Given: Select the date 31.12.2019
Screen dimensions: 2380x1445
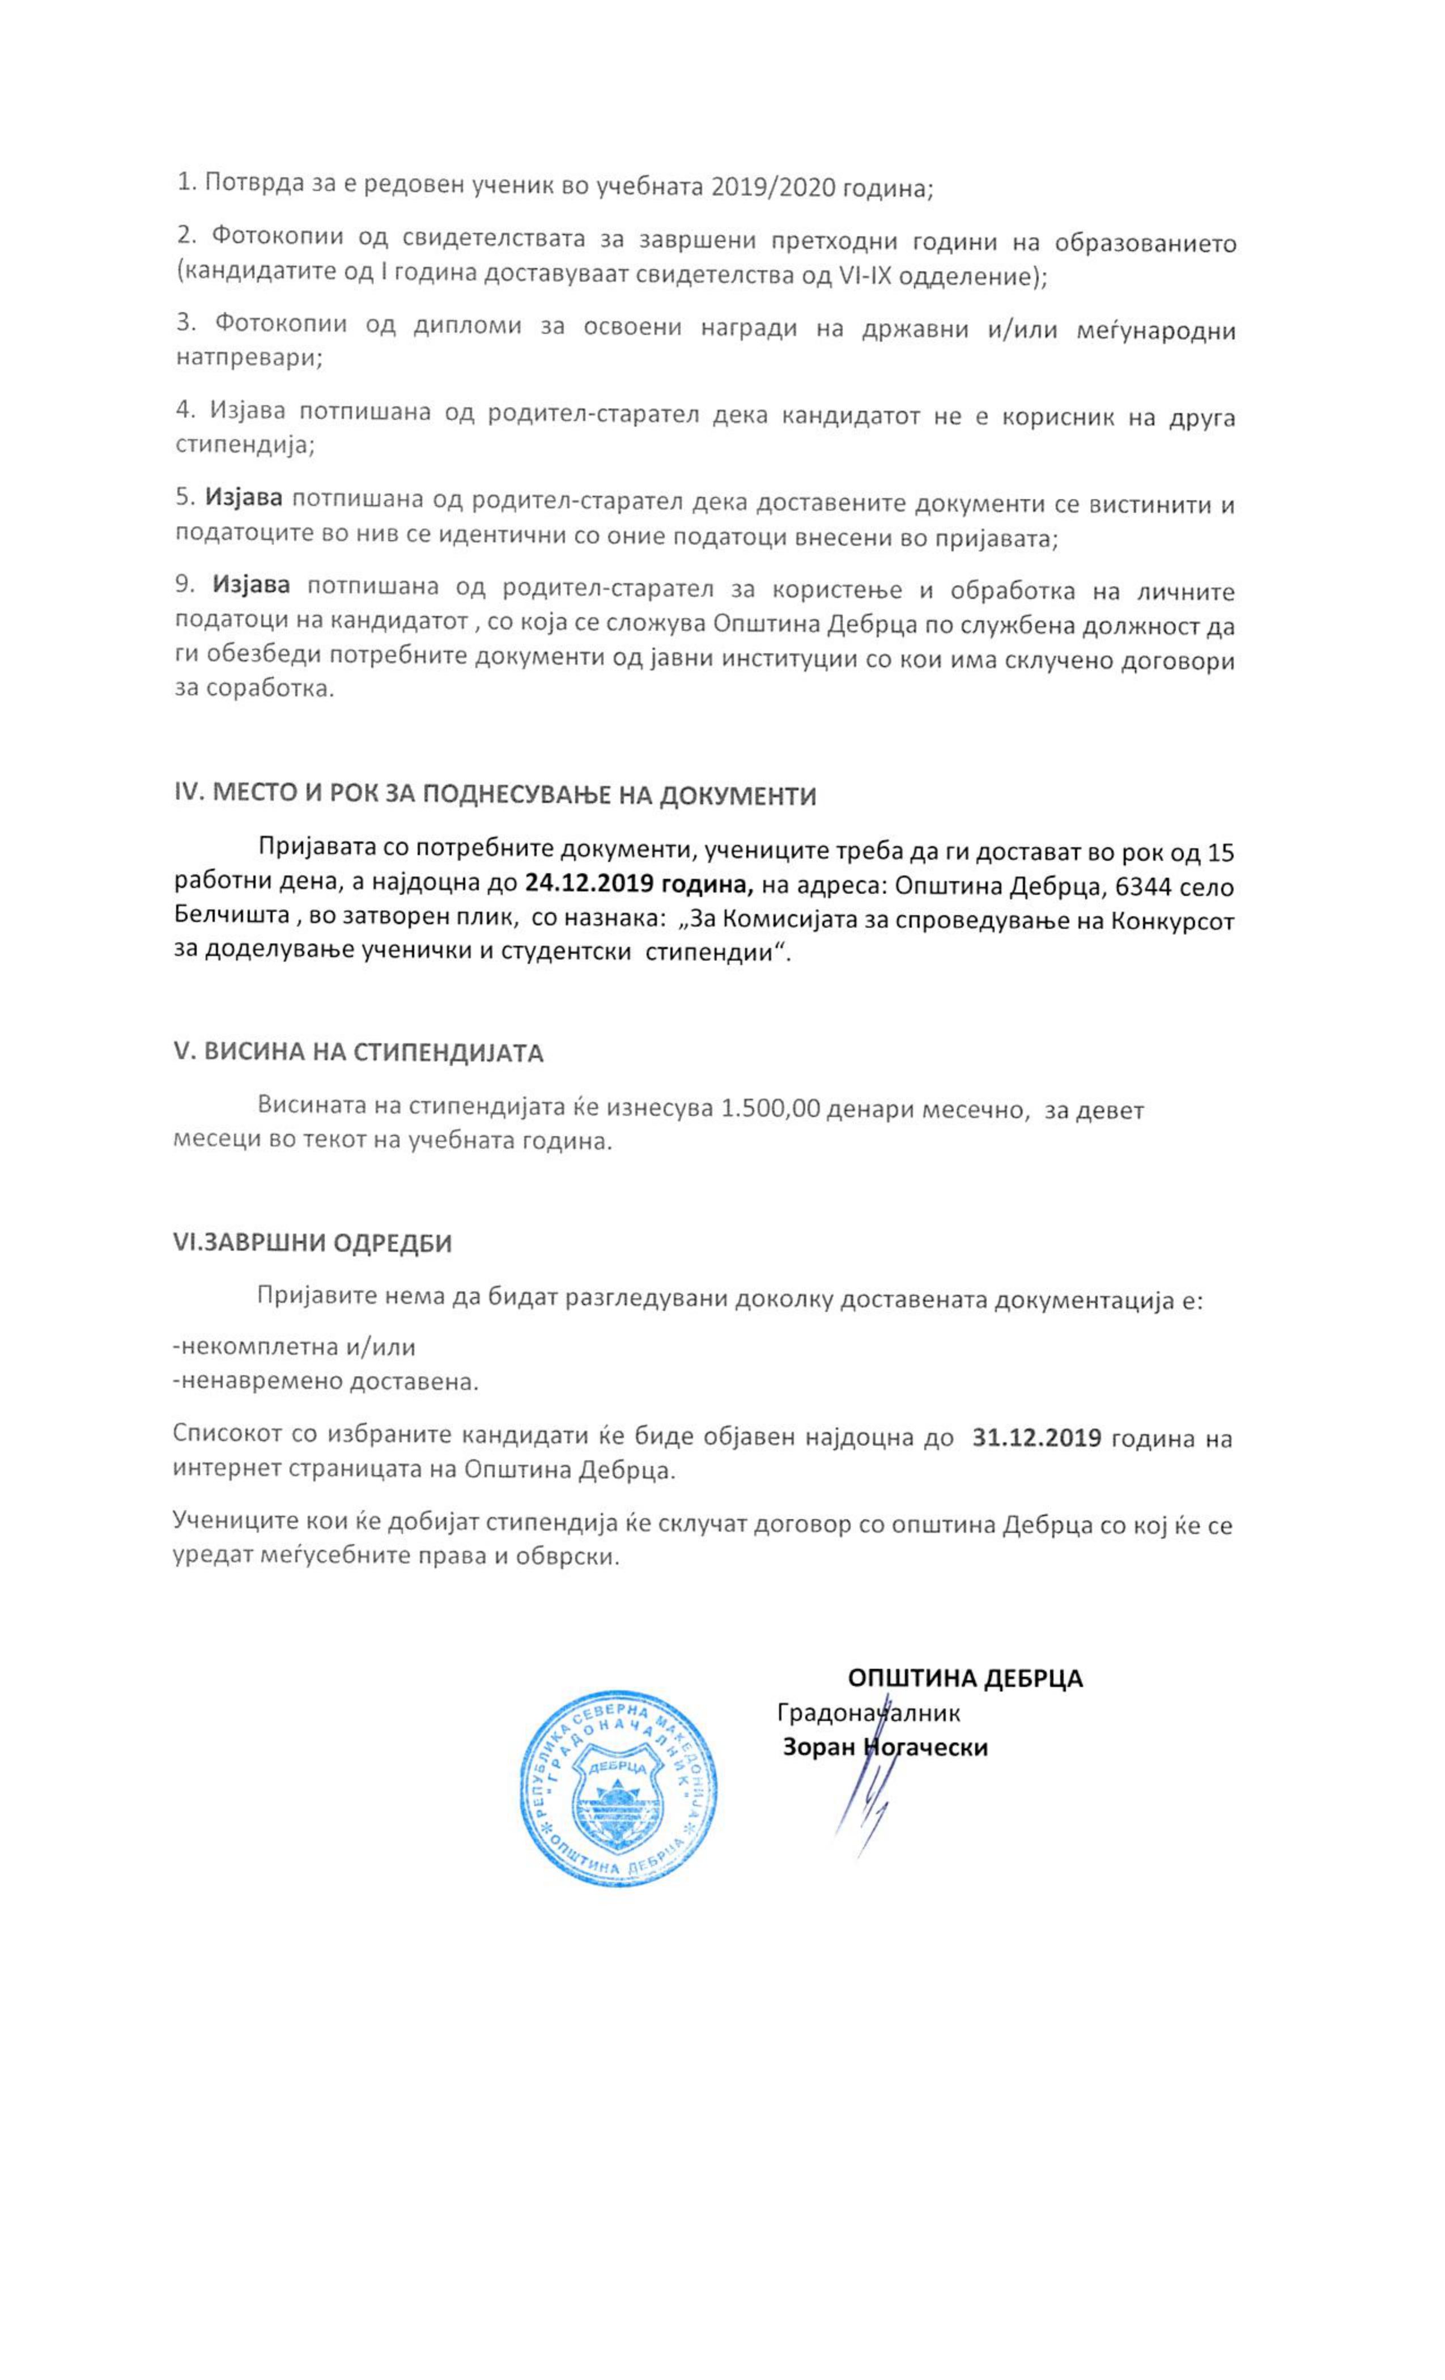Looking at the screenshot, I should point(1036,1436).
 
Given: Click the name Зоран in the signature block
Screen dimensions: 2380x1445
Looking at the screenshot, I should point(817,1746).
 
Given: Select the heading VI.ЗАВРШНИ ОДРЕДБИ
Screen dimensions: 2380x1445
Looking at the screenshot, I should point(312,1242).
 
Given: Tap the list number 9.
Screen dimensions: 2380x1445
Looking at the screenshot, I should point(185,584).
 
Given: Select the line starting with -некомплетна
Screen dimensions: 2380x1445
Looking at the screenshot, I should point(295,1346).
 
